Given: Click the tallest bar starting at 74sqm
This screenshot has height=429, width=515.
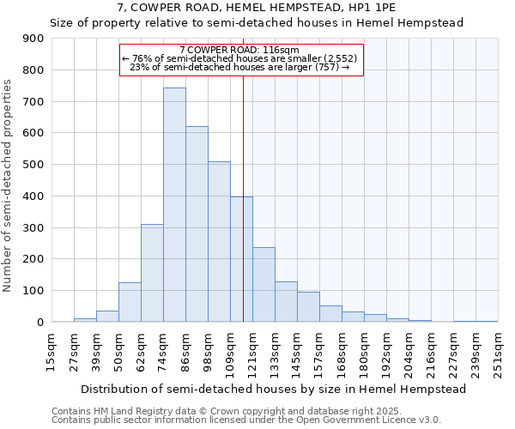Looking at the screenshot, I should (x=174, y=205).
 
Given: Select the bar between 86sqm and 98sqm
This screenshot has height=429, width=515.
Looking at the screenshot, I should (x=197, y=224).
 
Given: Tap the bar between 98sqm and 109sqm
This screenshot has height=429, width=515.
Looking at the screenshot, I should (x=219, y=241).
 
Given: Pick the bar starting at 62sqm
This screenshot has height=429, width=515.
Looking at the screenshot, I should (x=152, y=273).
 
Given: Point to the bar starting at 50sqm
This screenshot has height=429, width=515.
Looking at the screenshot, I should (x=130, y=302).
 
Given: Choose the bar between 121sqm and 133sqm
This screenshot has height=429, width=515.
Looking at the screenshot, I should (x=264, y=285).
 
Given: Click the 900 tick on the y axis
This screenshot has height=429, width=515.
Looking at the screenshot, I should (x=33, y=39).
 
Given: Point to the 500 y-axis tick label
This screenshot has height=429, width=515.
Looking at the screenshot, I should (x=33, y=165).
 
